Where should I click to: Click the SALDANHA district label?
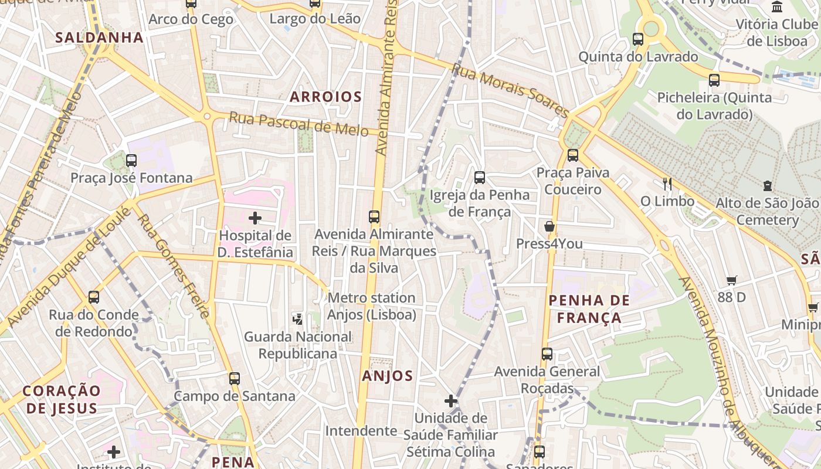(99, 38)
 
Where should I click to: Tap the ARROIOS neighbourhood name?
(325, 97)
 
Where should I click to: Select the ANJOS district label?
(388, 376)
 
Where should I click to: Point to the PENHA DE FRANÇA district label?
(589, 309)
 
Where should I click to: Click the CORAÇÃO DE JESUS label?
(62, 399)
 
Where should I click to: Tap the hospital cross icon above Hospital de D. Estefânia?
(255, 219)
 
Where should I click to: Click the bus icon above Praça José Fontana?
(131, 161)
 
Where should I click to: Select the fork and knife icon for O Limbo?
(667, 184)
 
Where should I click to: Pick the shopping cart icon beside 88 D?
(731, 280)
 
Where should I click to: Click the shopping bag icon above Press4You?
(549, 226)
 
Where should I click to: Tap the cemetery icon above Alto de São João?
(767, 186)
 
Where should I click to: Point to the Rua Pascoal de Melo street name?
(298, 124)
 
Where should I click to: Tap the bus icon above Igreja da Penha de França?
(480, 178)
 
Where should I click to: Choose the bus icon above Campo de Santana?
(235, 379)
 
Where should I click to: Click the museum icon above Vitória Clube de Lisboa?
(777, 7)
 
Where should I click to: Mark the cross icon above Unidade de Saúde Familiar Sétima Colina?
(450, 401)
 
